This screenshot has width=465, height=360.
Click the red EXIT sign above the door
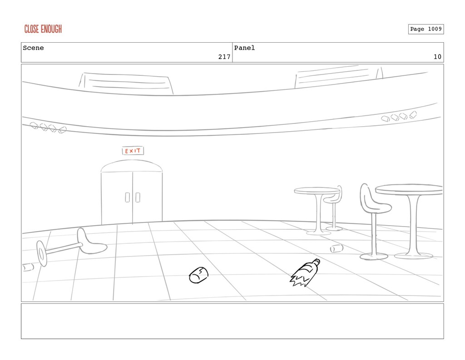pyautogui.click(x=133, y=151)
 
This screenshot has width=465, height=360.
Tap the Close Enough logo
pyautogui.click(x=43, y=30)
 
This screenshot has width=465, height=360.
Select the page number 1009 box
pyautogui.click(x=425, y=29)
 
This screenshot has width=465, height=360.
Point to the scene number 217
pyautogui.click(x=223, y=57)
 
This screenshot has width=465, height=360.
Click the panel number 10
pyautogui.click(x=437, y=57)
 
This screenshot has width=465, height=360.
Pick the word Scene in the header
pyautogui.click(x=34, y=48)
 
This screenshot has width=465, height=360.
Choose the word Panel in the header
pyautogui.click(x=244, y=48)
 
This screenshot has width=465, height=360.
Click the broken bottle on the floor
pyautogui.click(x=305, y=274)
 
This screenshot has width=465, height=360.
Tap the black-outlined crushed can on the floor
pyautogui.click(x=198, y=275)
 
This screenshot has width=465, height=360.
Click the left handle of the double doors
pyautogui.click(x=128, y=197)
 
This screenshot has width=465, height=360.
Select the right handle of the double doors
pyautogui.click(x=138, y=197)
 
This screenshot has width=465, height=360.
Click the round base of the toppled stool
pyautogui.click(x=42, y=253)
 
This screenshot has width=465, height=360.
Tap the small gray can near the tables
pyautogui.click(x=336, y=248)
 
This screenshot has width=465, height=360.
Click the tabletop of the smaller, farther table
pyautogui.click(x=317, y=190)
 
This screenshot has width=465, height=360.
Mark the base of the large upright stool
pyautogui.click(x=374, y=256)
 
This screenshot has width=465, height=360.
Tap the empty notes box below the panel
pyautogui.click(x=232, y=321)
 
